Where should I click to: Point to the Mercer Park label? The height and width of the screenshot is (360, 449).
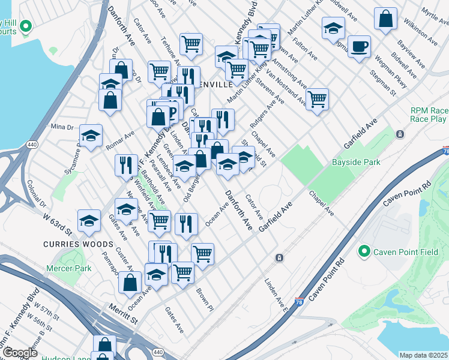[x=69, y=268]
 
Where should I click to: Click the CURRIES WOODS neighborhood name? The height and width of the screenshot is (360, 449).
[x=78, y=244]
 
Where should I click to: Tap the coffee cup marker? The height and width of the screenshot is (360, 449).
[x=359, y=46]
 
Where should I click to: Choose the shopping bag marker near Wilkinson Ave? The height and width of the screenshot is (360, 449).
[x=385, y=19]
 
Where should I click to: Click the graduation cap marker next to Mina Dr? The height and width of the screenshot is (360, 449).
[x=91, y=136]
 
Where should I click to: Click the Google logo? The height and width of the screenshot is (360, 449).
[x=20, y=353]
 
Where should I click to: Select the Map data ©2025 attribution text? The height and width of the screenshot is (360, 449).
[x=423, y=355]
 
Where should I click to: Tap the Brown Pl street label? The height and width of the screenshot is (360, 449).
[x=205, y=299]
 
